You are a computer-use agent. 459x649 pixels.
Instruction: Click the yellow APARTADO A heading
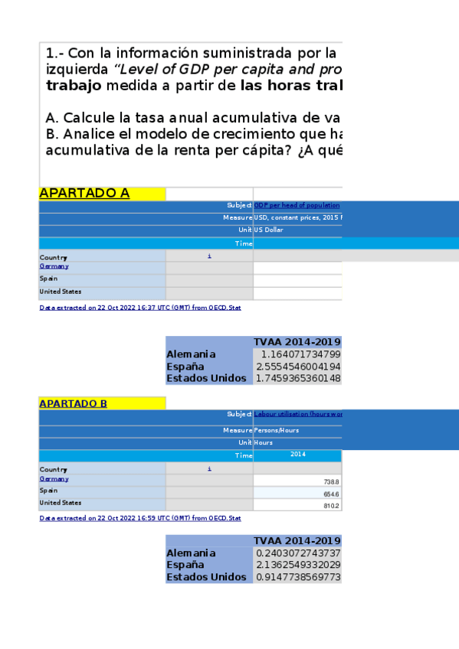[84, 193]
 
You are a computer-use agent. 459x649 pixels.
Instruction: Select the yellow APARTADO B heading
[74, 403]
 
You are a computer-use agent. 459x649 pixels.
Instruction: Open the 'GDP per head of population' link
[297, 205]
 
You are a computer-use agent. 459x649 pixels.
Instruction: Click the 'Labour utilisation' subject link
[297, 414]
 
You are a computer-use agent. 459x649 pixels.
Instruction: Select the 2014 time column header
[297, 455]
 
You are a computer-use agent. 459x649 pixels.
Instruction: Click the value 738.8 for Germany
[332, 481]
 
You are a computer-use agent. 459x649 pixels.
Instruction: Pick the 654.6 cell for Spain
[332, 494]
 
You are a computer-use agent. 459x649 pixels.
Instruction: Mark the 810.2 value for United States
[332, 506]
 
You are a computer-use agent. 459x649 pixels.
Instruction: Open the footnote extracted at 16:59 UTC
[140, 518]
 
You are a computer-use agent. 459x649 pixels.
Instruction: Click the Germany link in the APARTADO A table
[54, 266]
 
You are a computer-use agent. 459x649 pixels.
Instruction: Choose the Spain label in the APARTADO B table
[48, 490]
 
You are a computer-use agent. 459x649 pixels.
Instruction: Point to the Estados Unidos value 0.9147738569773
[298, 577]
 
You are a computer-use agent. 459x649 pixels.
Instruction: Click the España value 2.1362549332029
[298, 565]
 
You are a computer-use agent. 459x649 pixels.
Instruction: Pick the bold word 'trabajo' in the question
[73, 86]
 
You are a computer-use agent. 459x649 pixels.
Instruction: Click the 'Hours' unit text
[264, 442]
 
